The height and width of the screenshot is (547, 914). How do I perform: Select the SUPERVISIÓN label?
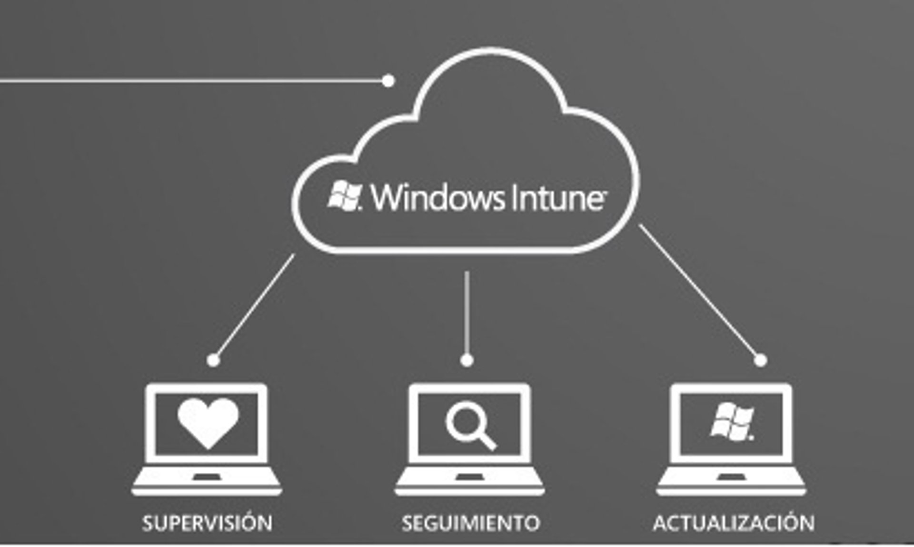pyautogui.click(x=208, y=523)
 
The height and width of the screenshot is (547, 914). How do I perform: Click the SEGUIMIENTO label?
pyautogui.click(x=471, y=523)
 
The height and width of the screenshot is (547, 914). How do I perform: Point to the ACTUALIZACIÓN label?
pyautogui.click(x=734, y=523)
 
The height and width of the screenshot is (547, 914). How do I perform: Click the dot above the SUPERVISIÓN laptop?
pyautogui.click(x=214, y=360)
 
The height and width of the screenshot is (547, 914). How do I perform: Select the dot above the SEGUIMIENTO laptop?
pyautogui.click(x=467, y=360)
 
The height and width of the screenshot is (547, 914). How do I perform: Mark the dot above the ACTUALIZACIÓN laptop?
pyautogui.click(x=761, y=360)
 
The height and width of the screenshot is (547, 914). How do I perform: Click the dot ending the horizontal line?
pyautogui.click(x=388, y=81)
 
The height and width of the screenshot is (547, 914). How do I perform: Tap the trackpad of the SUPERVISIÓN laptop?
pyautogui.click(x=206, y=477)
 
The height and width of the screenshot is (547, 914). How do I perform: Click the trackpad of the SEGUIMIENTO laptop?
pyautogui.click(x=469, y=477)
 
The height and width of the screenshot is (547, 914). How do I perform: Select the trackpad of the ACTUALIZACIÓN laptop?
pyautogui.click(x=731, y=477)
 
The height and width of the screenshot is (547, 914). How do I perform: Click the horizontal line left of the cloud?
pyautogui.click(x=190, y=81)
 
